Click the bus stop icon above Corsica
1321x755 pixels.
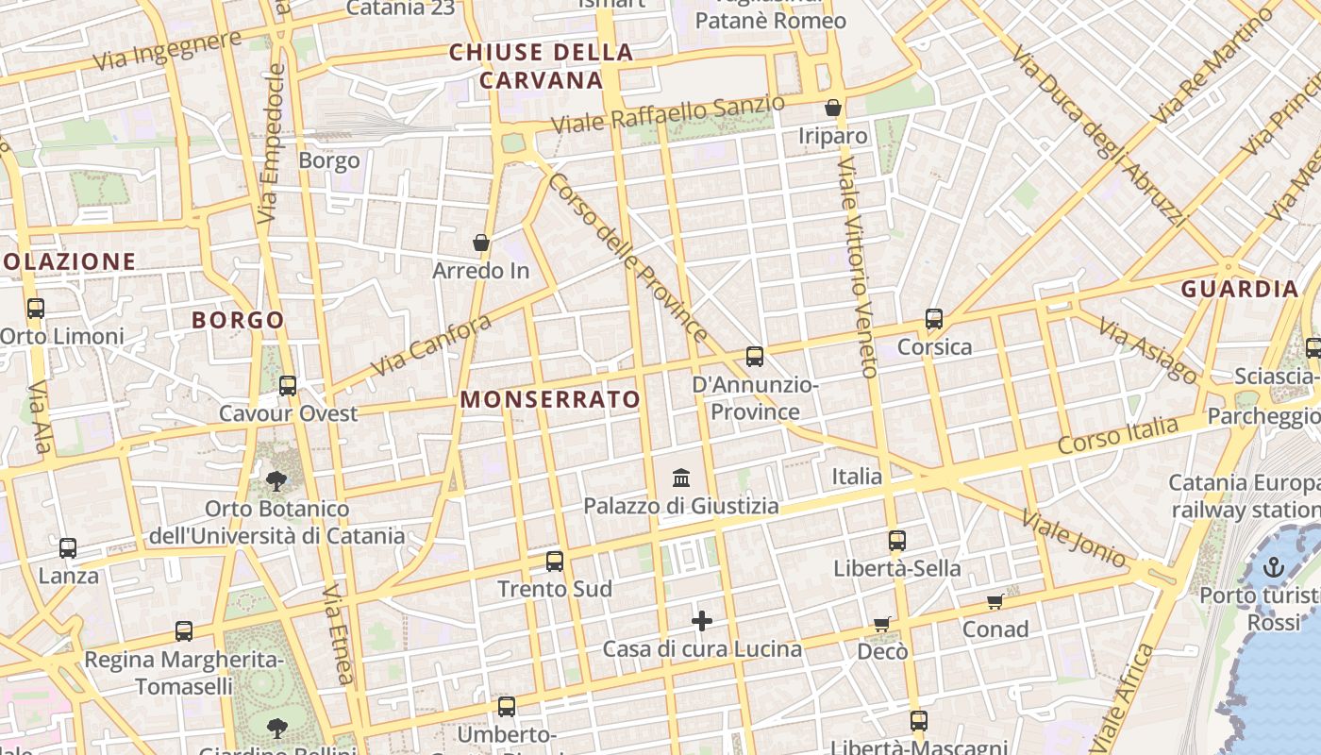[x=934, y=319]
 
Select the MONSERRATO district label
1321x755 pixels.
[x=550, y=399]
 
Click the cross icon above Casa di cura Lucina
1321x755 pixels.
[x=702, y=621]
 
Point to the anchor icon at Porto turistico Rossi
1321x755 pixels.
[x=1274, y=567]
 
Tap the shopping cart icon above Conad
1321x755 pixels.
[x=995, y=601]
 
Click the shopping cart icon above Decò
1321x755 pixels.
[x=882, y=623]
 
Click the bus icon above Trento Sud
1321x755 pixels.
[x=555, y=562]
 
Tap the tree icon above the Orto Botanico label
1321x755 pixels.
[x=276, y=481]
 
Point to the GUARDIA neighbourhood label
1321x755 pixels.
[x=1240, y=290]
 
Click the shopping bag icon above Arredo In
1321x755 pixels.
[x=481, y=243]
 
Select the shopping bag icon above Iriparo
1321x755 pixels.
[x=833, y=109]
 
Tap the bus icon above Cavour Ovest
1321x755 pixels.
[x=288, y=386]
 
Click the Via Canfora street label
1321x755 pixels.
[x=431, y=345]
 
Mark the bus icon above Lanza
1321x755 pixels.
[x=68, y=548]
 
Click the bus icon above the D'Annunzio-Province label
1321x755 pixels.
[x=755, y=357]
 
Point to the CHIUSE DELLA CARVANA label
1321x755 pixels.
[x=541, y=66]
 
